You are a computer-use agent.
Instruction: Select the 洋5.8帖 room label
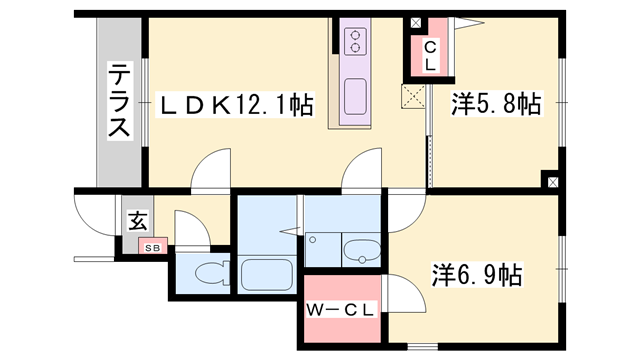pos(496,104)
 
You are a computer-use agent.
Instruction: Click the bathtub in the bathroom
pos(265,273)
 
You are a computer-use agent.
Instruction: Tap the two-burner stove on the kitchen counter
pos(356,42)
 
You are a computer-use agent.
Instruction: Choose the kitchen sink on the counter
pos(355,98)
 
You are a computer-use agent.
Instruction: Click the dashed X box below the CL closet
pos(412,95)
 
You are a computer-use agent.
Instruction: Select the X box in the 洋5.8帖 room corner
pos(550,182)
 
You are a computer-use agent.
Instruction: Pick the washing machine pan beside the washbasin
pos(322,249)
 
